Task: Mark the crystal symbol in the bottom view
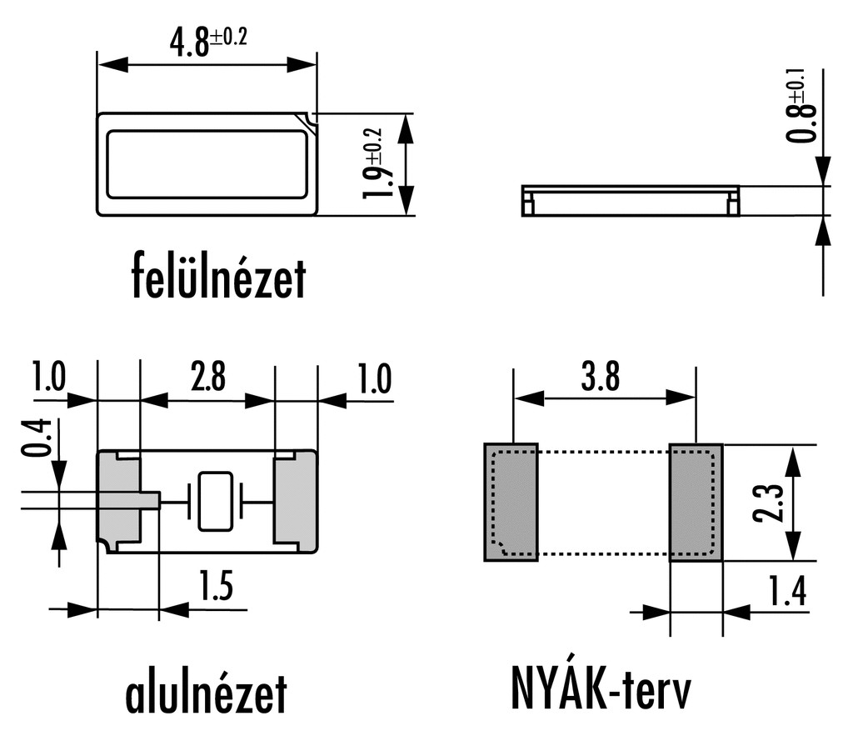[215, 501]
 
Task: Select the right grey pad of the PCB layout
[696, 503]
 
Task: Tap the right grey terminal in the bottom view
[296, 501]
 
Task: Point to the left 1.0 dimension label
[48, 378]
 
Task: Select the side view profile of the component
[630, 201]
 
